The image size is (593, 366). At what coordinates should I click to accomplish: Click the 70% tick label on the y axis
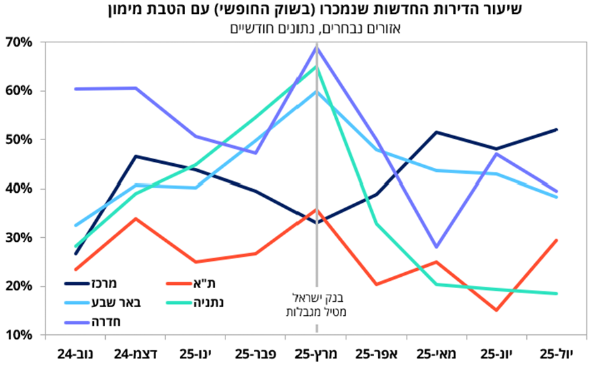19,42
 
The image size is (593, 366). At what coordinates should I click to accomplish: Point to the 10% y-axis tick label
19,335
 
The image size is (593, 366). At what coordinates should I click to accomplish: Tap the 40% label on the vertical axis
19,189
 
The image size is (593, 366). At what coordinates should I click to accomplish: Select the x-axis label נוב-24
75,354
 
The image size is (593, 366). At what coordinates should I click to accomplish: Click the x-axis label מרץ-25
316,354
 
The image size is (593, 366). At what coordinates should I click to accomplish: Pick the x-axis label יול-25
557,354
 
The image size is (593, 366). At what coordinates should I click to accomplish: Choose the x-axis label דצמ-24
136,354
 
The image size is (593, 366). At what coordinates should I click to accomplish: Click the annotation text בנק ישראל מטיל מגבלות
316,305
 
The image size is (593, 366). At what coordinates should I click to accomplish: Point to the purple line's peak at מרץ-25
317,47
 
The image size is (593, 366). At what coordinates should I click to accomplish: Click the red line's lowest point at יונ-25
496,311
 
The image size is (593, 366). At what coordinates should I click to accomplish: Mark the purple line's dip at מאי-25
437,247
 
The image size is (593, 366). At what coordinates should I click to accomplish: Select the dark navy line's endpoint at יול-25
557,129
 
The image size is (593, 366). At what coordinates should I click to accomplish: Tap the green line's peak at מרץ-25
317,67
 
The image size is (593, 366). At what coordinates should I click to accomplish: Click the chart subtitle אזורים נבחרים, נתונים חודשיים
315,28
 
